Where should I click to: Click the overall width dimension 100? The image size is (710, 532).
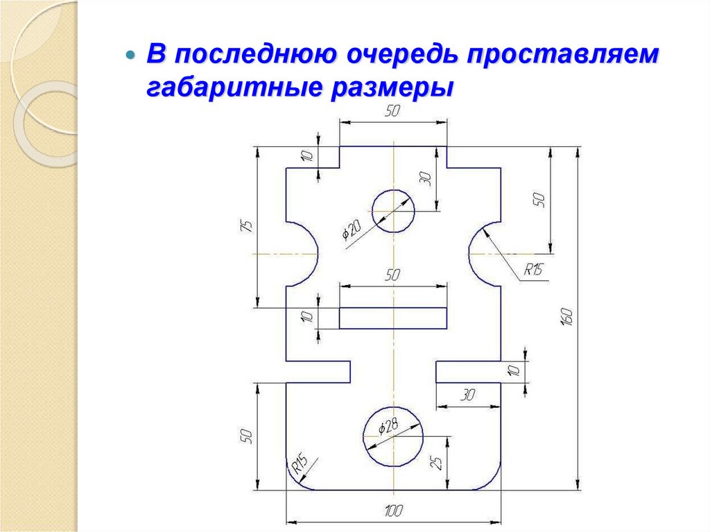[x=393, y=512]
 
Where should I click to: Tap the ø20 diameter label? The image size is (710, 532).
[x=352, y=230]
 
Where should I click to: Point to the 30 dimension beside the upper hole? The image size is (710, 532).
[x=426, y=178]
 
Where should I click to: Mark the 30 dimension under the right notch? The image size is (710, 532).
[x=468, y=395]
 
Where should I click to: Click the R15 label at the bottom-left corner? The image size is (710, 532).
[x=300, y=463]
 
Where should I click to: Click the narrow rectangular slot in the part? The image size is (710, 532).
[x=392, y=318]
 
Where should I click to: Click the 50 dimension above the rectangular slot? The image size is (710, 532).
[x=392, y=275]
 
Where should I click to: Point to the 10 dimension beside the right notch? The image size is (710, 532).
[x=514, y=371]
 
